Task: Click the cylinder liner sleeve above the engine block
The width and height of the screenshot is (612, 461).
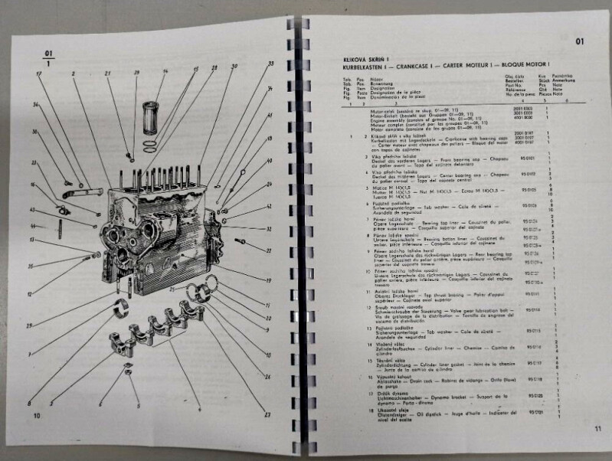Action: [x=150, y=115]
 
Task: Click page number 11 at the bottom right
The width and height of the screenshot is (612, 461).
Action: [x=597, y=430]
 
